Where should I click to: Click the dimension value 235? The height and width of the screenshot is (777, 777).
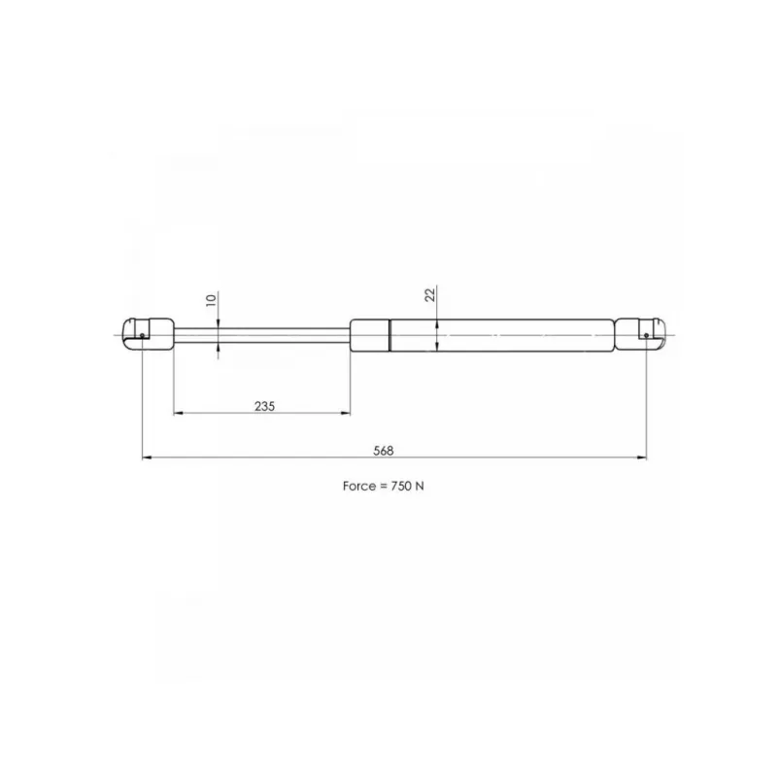(264, 406)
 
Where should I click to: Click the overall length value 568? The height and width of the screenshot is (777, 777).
(384, 451)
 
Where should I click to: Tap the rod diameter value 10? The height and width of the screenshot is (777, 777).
(211, 300)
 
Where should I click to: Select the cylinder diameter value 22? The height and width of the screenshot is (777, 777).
(430, 294)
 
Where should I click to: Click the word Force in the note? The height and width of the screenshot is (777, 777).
(359, 487)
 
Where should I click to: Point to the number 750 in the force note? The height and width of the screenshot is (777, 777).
(401, 487)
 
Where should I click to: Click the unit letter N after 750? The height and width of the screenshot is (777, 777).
(420, 487)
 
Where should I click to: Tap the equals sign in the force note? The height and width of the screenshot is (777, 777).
(384, 487)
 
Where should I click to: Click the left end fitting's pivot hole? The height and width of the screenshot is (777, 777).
(142, 335)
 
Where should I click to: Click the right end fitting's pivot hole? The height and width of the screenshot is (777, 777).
(646, 335)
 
